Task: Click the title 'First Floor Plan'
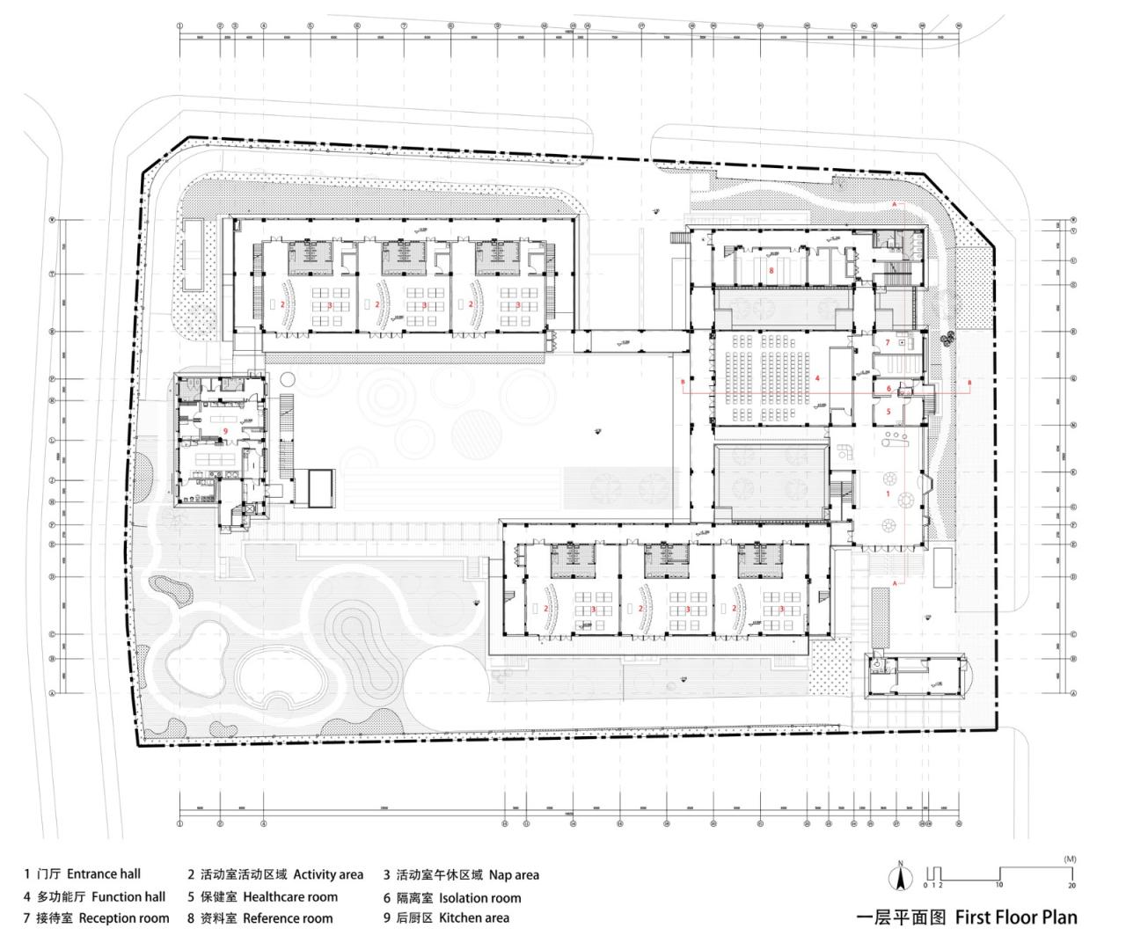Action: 1016,917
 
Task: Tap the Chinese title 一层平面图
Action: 903,917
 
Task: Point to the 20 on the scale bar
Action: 1071,885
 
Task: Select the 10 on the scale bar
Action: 999,885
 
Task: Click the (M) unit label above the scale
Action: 1070,859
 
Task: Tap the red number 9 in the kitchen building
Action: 226,431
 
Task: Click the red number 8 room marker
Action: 771,271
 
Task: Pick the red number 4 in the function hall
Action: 817,378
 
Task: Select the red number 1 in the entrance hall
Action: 888,495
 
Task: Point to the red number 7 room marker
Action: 888,342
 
